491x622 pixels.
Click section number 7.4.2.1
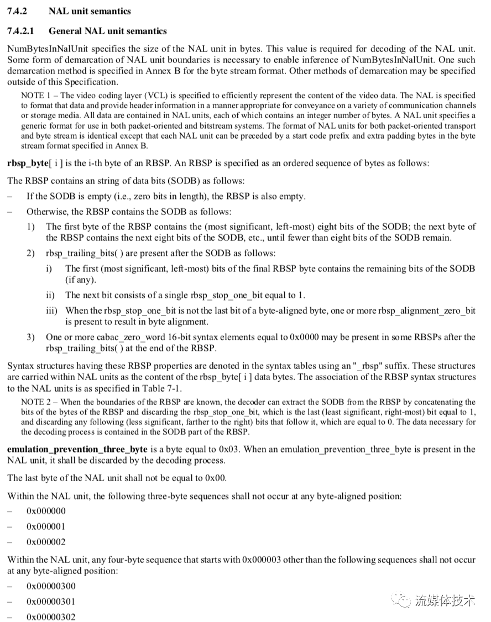tap(23, 31)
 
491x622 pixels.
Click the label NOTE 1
tap(34, 96)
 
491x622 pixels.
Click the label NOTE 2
tap(34, 402)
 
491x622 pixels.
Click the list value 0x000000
tap(46, 511)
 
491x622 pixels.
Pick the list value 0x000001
tap(46, 526)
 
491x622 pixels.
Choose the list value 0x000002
tap(46, 542)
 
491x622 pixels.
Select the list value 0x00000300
tap(51, 586)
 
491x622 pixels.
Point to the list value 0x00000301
tap(51, 602)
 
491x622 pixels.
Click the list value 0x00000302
tap(51, 617)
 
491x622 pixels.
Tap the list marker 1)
tap(31, 226)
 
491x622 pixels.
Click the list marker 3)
tap(31, 337)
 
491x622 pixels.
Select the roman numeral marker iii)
tap(52, 311)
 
